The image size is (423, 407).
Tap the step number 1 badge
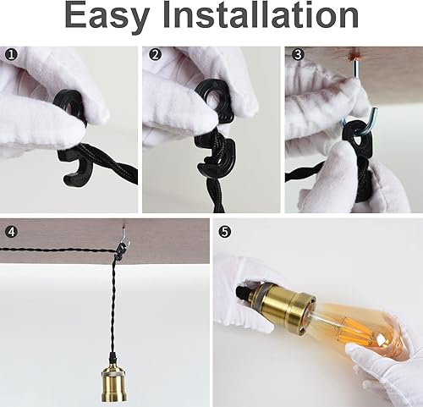[9, 54]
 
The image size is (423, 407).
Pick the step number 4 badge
[9, 229]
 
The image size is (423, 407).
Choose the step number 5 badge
[223, 229]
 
